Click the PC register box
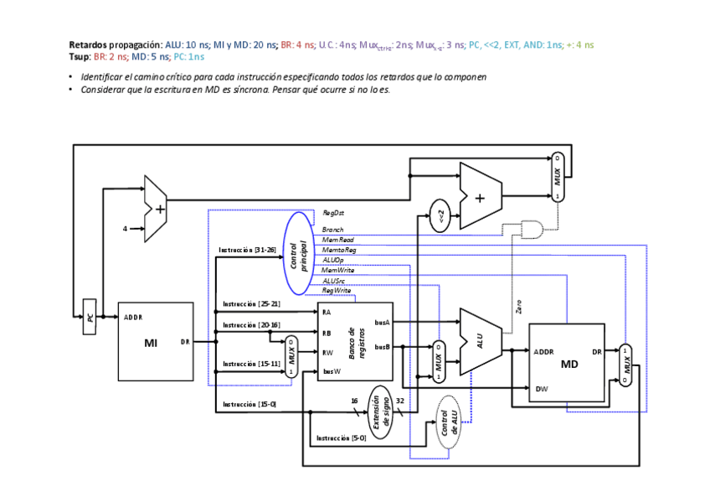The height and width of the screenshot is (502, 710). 90,318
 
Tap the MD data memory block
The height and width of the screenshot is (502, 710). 567,363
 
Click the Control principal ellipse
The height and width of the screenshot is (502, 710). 298,252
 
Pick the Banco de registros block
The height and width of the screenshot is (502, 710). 354,342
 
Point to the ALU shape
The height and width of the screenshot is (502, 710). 480,341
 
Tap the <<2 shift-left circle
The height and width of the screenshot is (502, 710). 440,215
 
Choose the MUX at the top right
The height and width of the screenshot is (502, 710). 558,177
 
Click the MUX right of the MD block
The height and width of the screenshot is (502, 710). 625,365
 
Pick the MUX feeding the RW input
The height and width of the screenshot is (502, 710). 291,357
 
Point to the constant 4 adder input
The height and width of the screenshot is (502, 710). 126,228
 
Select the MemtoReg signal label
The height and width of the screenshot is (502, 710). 339,250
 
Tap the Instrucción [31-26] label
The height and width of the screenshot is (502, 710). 247,250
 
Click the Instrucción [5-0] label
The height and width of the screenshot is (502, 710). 341,438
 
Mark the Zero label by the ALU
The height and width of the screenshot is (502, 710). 519,308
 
